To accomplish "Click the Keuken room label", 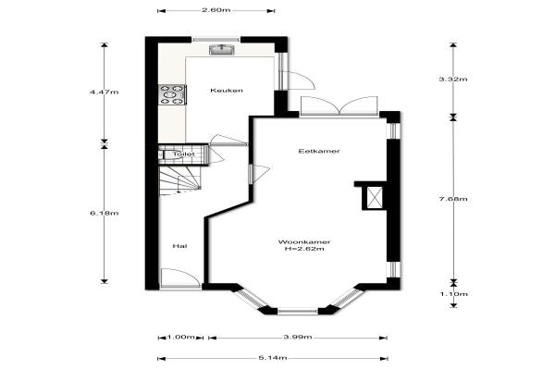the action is pyautogui.click(x=227, y=91).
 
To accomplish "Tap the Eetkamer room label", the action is pyautogui.click(x=319, y=151).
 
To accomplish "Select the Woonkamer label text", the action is pyautogui.click(x=304, y=242).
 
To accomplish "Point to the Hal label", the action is pyautogui.click(x=179, y=246).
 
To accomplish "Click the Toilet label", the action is pyautogui.click(x=184, y=154).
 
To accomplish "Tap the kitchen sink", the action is pyautogui.click(x=222, y=50).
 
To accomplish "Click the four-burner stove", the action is pyautogui.click(x=172, y=94).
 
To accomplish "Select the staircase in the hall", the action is pyautogui.click(x=179, y=180).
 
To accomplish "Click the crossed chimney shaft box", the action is pyautogui.click(x=375, y=197).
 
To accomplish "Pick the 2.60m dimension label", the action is pyautogui.click(x=216, y=10).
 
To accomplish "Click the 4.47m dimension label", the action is pyautogui.click(x=104, y=92).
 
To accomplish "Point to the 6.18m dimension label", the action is pyautogui.click(x=104, y=213).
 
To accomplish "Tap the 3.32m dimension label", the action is pyautogui.click(x=453, y=79).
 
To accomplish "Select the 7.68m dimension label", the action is pyautogui.click(x=453, y=199).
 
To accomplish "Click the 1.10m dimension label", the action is pyautogui.click(x=454, y=294).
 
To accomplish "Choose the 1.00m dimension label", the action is pyautogui.click(x=180, y=337).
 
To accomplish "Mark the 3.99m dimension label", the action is pyautogui.click(x=298, y=337).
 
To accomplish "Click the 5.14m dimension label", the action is pyautogui.click(x=273, y=358).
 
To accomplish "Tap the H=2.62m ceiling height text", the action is pyautogui.click(x=304, y=249).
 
